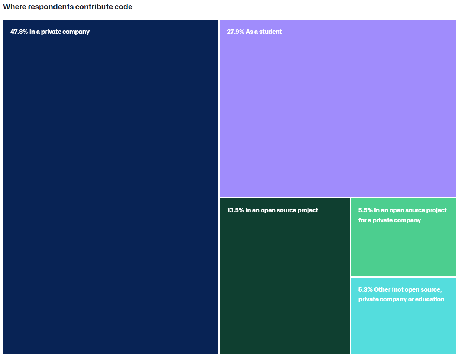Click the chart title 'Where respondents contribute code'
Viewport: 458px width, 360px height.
click(68, 7)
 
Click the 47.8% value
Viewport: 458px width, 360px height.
click(19, 32)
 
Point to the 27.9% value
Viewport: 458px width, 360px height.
click(236, 32)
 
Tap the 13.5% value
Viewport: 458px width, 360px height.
click(235, 210)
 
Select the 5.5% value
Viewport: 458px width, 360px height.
click(365, 210)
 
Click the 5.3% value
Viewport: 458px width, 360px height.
click(365, 290)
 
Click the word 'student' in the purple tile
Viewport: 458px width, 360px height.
click(270, 32)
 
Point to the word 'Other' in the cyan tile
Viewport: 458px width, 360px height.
click(382, 290)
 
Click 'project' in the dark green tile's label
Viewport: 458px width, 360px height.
click(307, 210)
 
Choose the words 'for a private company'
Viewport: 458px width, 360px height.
click(389, 220)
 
